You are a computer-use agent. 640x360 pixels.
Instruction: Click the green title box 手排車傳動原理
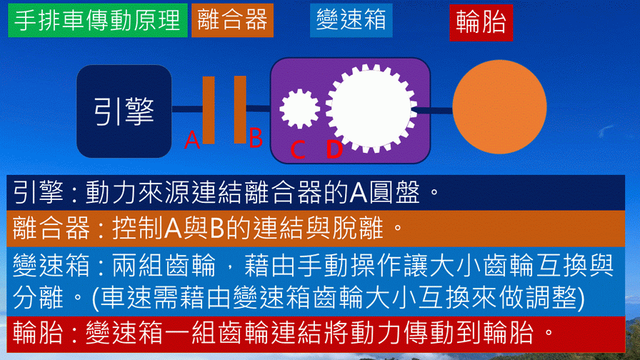pyautogui.click(x=98, y=21)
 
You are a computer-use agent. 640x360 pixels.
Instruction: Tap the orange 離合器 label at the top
pyautogui.click(x=232, y=21)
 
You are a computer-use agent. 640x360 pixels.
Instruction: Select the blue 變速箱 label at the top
pyautogui.click(x=351, y=21)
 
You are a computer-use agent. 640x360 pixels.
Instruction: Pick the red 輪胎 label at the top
pyautogui.click(x=481, y=23)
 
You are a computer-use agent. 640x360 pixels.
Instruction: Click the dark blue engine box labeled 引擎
pyautogui.click(x=124, y=111)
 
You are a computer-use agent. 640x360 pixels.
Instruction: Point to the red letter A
pyautogui.click(x=192, y=140)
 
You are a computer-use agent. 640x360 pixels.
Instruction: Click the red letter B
pyautogui.click(x=256, y=138)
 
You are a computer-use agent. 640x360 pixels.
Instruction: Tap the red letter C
pyautogui.click(x=298, y=150)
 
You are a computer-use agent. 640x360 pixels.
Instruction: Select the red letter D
pyautogui.click(x=334, y=149)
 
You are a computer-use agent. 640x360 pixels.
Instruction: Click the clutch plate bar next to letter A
pyautogui.click(x=209, y=110)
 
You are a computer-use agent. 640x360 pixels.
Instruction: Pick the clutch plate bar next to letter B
pyautogui.click(x=240, y=110)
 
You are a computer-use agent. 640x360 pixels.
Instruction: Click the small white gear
pyautogui.click(x=299, y=109)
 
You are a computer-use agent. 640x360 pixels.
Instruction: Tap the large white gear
pyautogui.click(x=371, y=109)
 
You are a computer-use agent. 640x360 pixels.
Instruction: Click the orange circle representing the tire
pyautogui.click(x=499, y=107)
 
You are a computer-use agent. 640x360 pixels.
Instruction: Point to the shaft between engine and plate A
pyautogui.click(x=187, y=109)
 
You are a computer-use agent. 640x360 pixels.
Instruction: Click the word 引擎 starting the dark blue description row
pyautogui.click(x=38, y=192)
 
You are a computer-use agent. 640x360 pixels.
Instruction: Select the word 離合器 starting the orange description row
pyautogui.click(x=51, y=228)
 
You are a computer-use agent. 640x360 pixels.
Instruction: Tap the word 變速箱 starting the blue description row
pyautogui.click(x=51, y=265)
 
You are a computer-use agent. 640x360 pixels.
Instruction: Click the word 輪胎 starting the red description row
pyautogui.click(x=38, y=333)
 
